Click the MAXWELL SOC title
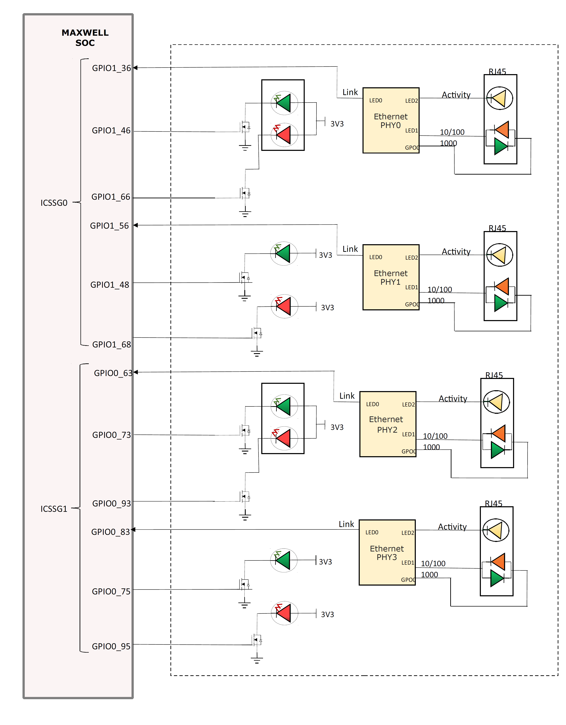click(x=85, y=38)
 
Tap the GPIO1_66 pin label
click(x=111, y=197)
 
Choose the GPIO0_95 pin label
click(x=111, y=646)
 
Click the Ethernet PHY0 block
click(x=391, y=121)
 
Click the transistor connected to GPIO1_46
click(x=245, y=127)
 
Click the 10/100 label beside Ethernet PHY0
click(x=452, y=132)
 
